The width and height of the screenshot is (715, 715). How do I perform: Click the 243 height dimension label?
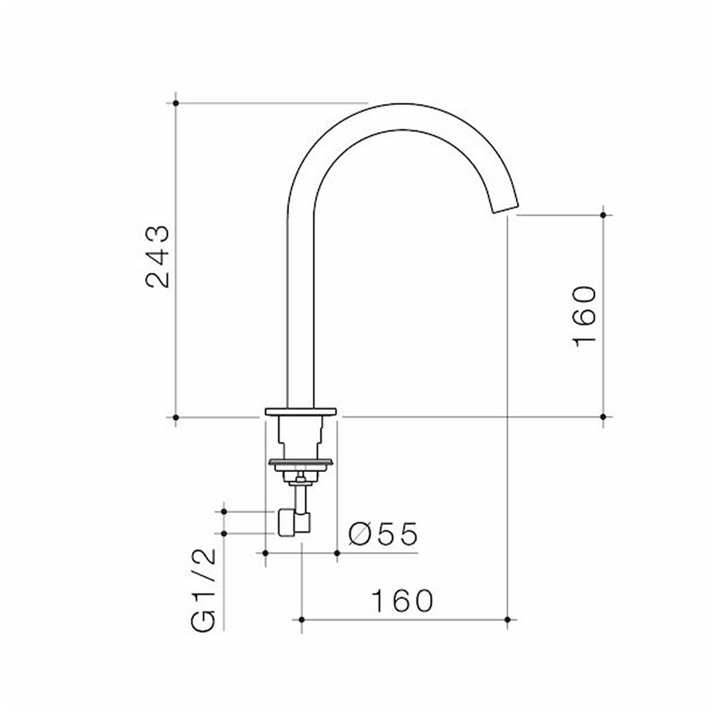[x=158, y=256]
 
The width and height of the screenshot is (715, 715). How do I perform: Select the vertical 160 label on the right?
[x=585, y=316]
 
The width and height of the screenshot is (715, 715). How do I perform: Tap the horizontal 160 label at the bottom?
[x=402, y=600]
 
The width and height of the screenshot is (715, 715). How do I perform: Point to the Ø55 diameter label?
[x=383, y=535]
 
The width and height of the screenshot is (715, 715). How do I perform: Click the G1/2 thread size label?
[x=205, y=590]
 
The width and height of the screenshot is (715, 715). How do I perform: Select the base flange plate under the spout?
[x=301, y=412]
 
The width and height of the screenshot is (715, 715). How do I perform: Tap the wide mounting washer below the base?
[x=301, y=462]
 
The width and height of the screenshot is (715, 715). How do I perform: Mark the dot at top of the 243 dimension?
[x=176, y=103]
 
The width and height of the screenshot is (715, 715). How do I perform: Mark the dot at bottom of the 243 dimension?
[x=176, y=417]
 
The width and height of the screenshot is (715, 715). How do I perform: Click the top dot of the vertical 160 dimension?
[x=603, y=215]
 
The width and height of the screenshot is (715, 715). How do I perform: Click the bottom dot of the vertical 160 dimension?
[x=603, y=417]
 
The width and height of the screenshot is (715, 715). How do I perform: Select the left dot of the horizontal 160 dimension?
[x=302, y=619]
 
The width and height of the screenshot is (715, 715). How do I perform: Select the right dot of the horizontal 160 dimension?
[x=508, y=619]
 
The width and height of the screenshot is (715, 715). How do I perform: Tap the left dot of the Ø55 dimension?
[x=266, y=553]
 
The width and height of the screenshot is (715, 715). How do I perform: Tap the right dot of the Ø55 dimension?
[x=337, y=553]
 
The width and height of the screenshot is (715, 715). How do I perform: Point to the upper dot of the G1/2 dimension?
[x=224, y=512]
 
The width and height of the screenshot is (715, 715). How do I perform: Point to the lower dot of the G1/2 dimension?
[x=224, y=533]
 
